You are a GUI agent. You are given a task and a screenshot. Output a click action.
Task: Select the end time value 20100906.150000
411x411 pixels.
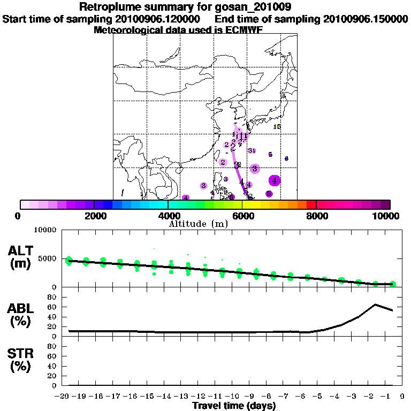pyautogui.click(x=366, y=19)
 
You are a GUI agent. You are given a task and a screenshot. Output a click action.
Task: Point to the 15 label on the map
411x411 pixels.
pyautogui.click(x=277, y=127)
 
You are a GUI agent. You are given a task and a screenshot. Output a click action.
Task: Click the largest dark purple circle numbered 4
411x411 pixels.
pyautogui.click(x=275, y=180)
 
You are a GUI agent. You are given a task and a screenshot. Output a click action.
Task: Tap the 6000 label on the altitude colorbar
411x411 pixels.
pyautogui.click(x=243, y=216)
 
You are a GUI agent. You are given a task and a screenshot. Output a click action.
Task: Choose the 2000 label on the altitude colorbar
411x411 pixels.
pyautogui.click(x=94, y=216)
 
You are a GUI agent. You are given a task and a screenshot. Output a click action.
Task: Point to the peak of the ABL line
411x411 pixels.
pyautogui.click(x=375, y=305)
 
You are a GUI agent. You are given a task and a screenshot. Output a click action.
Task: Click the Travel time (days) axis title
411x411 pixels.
pyautogui.click(x=234, y=406)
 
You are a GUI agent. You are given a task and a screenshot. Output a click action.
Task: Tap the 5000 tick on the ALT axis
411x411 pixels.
pyautogui.click(x=48, y=258)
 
